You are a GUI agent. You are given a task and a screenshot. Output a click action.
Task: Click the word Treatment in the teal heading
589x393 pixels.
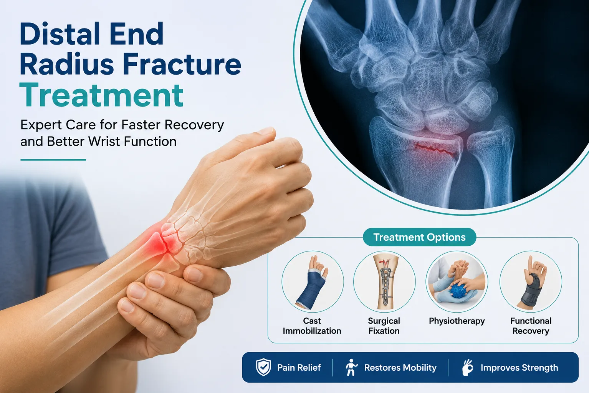[101, 95]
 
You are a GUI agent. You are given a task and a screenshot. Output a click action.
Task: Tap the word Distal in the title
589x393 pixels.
[60, 34]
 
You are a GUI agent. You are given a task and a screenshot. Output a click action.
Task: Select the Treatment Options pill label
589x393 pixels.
[419, 237]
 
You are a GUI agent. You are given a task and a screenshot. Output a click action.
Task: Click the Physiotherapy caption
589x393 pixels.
[457, 321]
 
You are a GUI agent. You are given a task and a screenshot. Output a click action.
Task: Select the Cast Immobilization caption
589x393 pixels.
[312, 326]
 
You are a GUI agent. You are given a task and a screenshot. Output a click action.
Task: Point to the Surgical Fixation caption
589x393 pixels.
[384, 326]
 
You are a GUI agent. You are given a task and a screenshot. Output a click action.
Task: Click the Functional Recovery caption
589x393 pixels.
[531, 326]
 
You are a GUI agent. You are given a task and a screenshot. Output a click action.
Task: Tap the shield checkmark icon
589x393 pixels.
[263, 367]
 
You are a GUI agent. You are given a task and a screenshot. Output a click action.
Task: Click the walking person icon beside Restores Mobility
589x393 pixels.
[351, 367]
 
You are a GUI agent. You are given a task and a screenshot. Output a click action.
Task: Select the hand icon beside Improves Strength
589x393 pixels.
[468, 367]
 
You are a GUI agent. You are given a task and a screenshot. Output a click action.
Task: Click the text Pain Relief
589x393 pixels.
[299, 368]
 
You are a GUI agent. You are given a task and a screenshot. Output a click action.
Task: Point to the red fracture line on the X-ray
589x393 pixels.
[435, 149]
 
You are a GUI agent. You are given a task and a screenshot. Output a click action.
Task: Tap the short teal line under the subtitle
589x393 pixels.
[53, 160]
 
